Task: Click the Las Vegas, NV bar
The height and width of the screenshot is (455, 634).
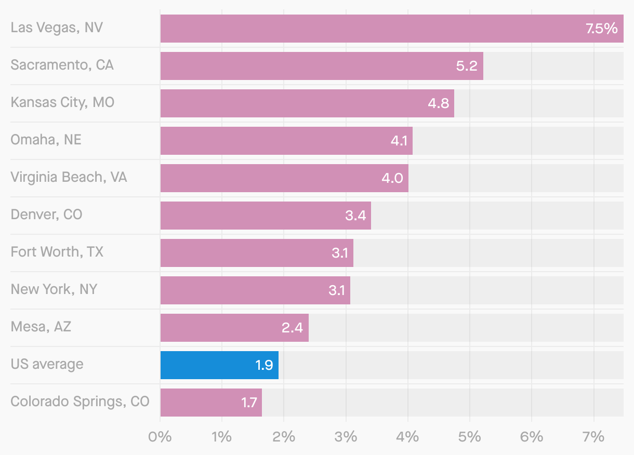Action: coord(364,29)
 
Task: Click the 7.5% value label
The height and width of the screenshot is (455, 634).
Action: coord(601,29)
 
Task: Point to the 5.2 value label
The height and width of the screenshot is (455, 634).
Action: coord(466,66)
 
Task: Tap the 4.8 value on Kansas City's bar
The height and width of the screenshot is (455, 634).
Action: coord(438,103)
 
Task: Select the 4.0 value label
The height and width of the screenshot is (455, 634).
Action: coord(392,178)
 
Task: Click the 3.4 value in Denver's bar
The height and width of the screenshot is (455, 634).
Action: coord(355,216)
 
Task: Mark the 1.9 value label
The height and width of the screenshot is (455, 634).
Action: coord(264,365)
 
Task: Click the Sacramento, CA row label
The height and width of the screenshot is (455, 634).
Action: coord(62,65)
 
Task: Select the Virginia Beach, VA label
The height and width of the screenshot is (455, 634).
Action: coord(69,178)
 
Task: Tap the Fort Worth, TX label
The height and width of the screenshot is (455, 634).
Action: coord(57,252)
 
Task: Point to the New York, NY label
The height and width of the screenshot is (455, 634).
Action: coord(54,290)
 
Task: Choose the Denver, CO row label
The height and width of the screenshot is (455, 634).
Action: coord(46,215)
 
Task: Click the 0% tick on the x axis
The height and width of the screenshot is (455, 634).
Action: coord(160,437)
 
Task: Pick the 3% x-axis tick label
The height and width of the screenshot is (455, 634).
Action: coord(346,437)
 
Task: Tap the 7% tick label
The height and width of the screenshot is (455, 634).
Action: coord(593,437)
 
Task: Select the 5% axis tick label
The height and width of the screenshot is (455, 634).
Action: coord(470,437)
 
